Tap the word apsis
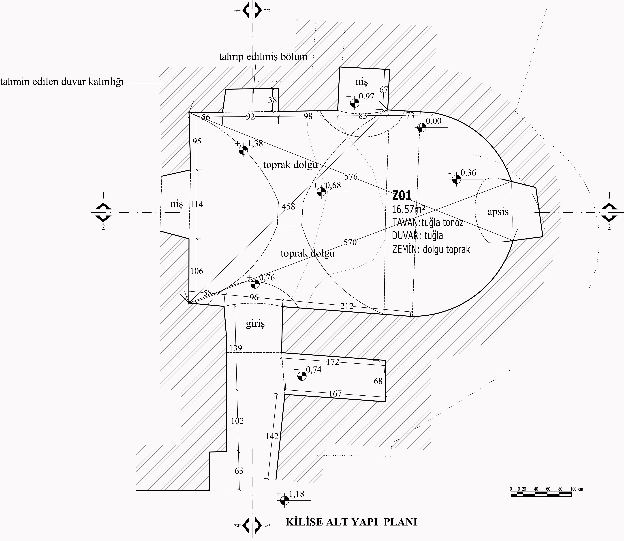tap(498, 212)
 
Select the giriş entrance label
tap(255, 324)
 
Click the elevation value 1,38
tap(255, 144)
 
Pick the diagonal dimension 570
tap(350, 242)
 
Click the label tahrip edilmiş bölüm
tap(263, 57)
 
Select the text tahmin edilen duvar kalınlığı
tap(62, 82)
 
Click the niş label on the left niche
tap(177, 204)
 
